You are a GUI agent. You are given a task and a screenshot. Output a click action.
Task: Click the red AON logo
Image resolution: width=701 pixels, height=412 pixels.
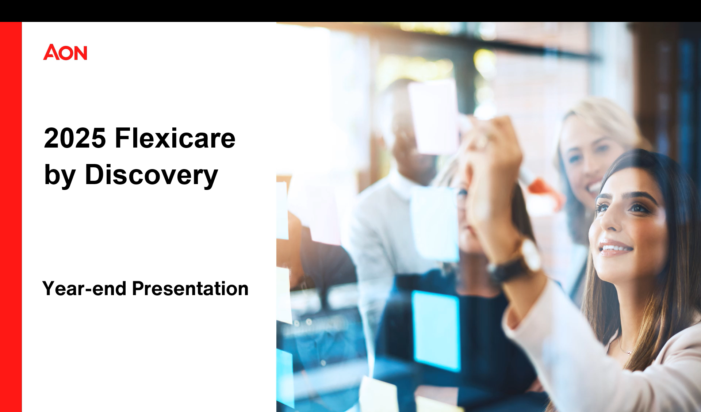[x=65, y=52]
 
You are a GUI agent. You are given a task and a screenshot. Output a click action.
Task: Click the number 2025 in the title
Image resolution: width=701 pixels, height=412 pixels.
[x=75, y=138]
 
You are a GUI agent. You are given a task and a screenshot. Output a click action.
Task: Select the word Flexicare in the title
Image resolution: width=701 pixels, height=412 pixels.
[x=175, y=138]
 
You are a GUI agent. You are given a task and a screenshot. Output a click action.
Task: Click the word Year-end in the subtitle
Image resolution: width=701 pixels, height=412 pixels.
[x=84, y=289]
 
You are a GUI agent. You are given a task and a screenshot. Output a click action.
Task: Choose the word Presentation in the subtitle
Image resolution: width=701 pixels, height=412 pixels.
[x=190, y=289]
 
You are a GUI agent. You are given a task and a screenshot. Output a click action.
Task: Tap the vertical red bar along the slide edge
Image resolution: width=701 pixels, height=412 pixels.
[x=11, y=217]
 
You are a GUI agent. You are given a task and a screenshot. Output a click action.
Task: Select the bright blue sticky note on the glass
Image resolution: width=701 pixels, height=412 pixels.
[x=436, y=331]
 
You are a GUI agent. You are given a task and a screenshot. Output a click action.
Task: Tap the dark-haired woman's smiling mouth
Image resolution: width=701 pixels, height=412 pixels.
[x=616, y=249]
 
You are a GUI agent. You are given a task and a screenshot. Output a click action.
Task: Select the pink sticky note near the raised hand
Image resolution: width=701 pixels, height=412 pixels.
[x=433, y=117]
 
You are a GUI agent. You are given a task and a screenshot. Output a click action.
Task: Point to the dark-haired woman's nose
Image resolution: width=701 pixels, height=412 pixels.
[x=608, y=223]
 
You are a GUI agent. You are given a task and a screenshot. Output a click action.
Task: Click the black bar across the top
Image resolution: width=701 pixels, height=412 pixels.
[x=350, y=11]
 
